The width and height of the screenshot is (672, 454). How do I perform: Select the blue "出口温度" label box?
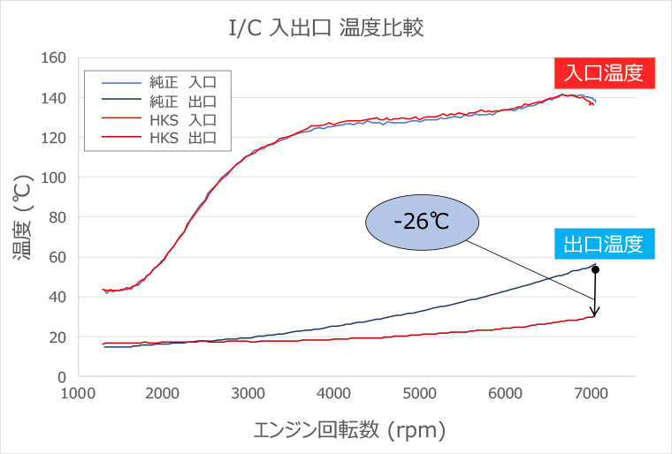tap(603, 243)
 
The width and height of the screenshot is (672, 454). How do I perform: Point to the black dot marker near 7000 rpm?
tap(596, 269)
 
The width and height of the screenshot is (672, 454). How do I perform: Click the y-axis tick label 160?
tap(56, 57)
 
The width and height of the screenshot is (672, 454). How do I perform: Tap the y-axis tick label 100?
tap(56, 178)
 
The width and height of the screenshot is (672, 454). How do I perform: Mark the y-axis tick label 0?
tap(63, 377)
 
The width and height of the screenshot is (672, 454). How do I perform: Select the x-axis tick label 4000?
tap(334, 393)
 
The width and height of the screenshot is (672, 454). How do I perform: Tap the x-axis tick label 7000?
tap(592, 393)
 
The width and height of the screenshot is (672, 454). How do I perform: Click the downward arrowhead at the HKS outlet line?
tap(596, 312)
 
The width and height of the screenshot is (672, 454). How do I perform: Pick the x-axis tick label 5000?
tap(420, 393)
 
